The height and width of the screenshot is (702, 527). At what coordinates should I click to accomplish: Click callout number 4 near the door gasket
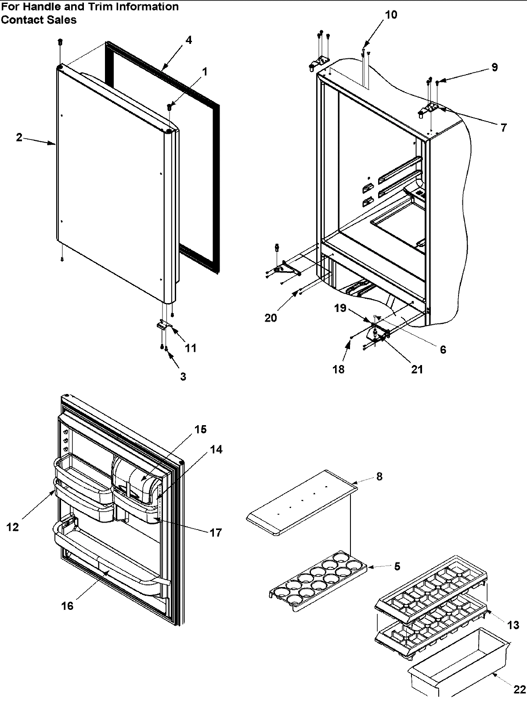[x=188, y=40]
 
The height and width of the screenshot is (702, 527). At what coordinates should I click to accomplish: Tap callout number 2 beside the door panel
[x=19, y=137]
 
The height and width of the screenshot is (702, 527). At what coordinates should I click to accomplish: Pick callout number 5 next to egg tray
[x=397, y=566]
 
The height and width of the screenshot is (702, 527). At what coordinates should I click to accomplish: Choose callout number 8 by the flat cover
[x=379, y=476]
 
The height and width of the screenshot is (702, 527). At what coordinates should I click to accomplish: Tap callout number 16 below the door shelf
[x=68, y=606]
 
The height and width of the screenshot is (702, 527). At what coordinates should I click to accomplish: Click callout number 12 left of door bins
[x=13, y=527]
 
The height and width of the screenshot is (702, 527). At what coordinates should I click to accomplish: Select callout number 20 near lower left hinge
[x=271, y=317]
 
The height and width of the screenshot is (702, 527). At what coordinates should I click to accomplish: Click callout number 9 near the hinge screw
[x=495, y=67]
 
